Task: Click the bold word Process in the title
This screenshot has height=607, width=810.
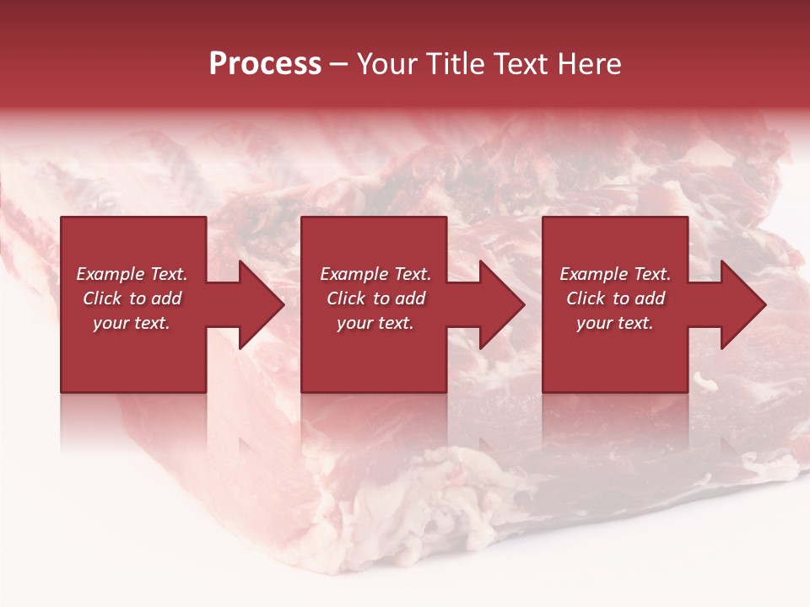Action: pos(265,64)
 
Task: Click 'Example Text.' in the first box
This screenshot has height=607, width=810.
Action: pos(132,274)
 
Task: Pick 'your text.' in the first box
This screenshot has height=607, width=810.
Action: pos(132,323)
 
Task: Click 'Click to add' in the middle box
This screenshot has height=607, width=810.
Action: pos(375,298)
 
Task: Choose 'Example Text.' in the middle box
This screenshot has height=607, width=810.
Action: pos(375,274)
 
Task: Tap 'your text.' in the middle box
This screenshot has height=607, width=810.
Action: pos(375,323)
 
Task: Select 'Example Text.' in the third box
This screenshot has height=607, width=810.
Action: pos(615,274)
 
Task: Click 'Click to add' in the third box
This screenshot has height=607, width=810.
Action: pos(615,298)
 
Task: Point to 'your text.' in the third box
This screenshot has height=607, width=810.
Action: pos(615,323)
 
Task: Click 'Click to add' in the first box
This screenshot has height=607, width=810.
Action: pos(132,298)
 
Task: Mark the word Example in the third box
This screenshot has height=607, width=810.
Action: pos(594,274)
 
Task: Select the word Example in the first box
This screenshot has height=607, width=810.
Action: pos(111,274)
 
